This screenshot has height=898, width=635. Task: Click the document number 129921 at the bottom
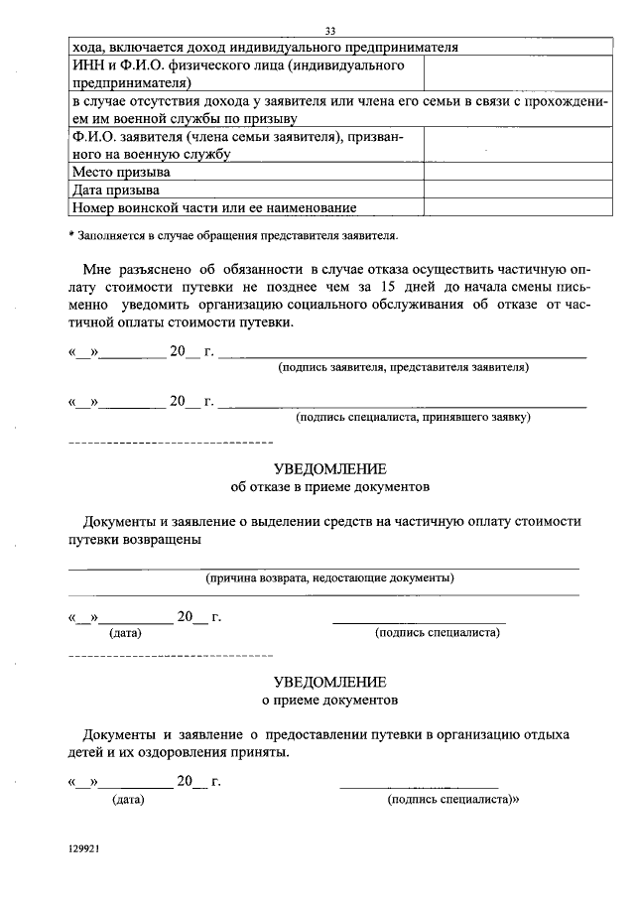point(85,850)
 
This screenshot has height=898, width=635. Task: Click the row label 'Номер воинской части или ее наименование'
point(213,207)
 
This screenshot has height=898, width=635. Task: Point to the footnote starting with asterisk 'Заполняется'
point(233,236)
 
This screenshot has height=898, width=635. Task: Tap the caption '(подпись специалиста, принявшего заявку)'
point(413,417)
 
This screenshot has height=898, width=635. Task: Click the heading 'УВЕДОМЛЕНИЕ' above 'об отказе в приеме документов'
point(329,468)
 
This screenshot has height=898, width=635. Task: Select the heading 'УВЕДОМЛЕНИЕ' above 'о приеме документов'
point(329,683)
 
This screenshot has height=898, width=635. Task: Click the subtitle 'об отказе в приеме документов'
point(329,488)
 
